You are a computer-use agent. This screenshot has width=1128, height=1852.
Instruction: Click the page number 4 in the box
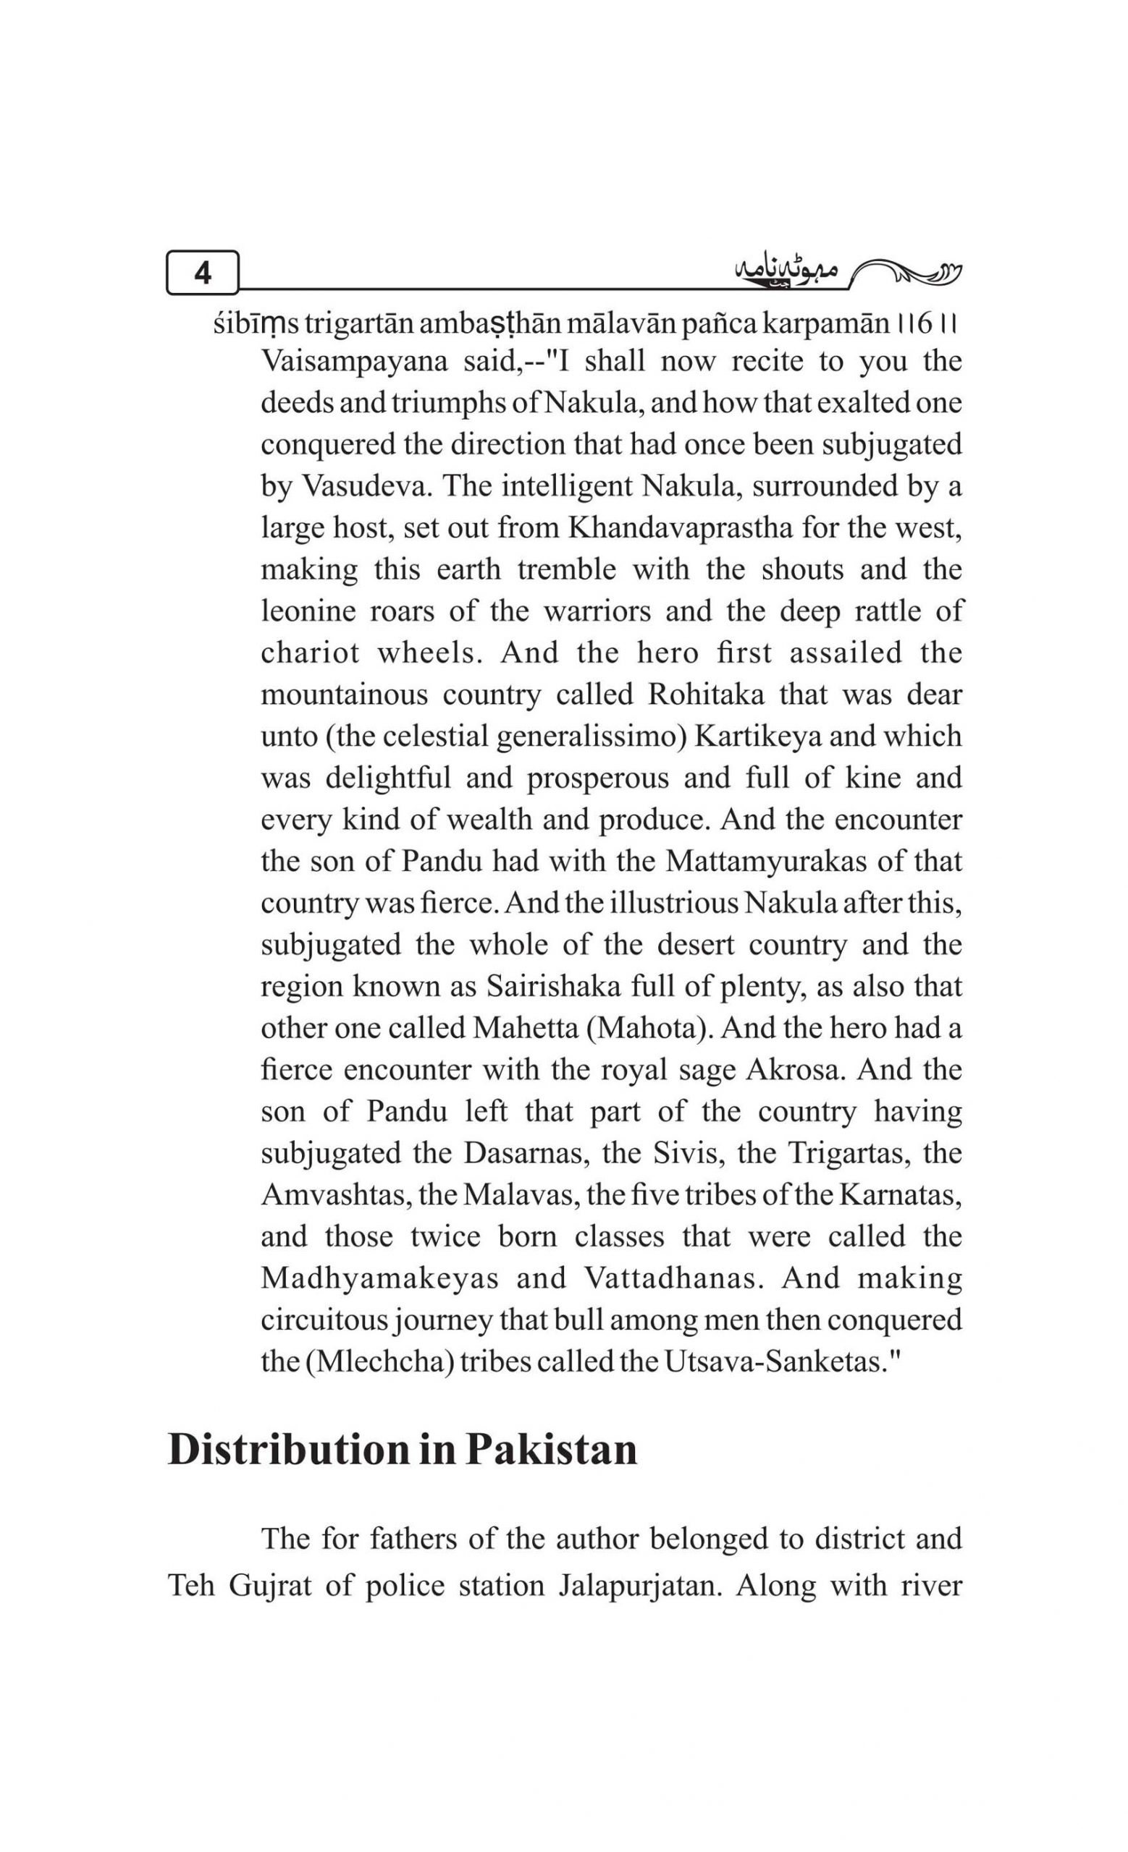pos(202,272)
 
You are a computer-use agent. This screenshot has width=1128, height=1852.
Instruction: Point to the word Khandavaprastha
pos(680,527)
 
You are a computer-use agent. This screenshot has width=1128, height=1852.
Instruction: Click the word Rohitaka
pos(705,694)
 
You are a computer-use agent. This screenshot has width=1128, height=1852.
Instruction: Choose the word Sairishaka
pos(552,985)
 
